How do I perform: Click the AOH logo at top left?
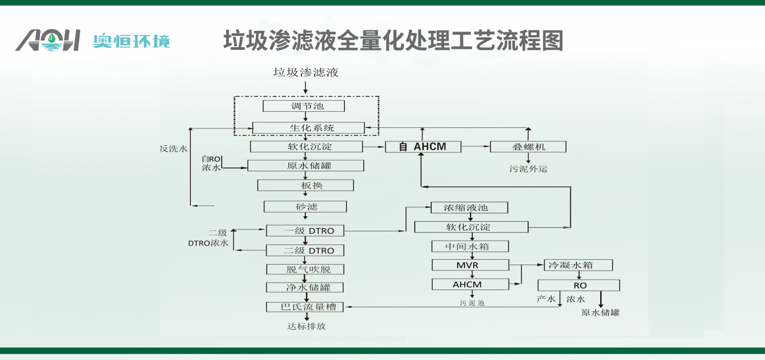48,41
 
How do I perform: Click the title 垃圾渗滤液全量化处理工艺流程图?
393,41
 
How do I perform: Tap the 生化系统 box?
308,128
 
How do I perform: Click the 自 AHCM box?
423,146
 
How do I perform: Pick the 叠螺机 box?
528,146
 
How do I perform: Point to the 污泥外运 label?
528,169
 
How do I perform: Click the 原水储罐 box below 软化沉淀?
306,165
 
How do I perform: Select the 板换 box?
305,185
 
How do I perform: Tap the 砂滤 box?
305,207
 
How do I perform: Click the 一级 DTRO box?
305,230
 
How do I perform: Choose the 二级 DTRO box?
305,250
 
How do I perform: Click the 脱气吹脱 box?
305,269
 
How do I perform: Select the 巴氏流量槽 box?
305,307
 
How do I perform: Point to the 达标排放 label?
306,326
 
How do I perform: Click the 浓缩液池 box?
470,208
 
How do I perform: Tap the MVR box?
470,265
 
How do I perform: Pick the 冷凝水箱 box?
578,265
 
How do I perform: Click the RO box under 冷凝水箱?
578,285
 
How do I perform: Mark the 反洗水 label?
173,148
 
